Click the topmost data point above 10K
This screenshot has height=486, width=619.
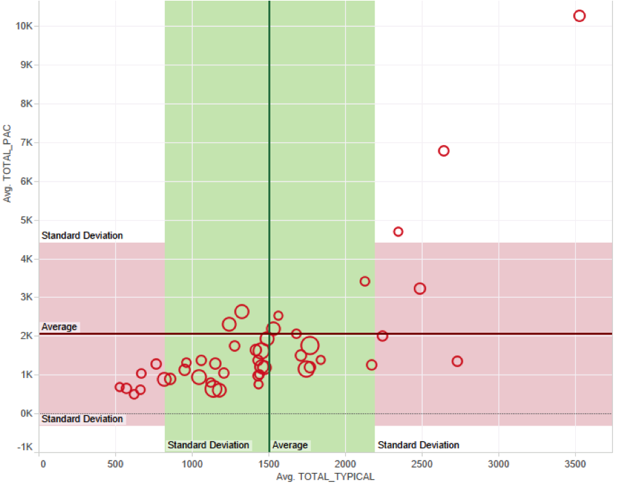point(579,16)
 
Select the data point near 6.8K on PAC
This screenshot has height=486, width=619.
point(443,151)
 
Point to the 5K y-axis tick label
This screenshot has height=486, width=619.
point(26,221)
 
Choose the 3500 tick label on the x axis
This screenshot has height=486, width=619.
point(575,464)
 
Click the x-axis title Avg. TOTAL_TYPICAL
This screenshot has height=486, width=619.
point(325,476)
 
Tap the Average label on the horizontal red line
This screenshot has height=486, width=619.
point(60,327)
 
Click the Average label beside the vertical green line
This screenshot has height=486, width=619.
point(290,445)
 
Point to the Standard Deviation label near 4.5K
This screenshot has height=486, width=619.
point(82,236)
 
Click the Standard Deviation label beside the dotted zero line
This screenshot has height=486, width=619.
point(82,419)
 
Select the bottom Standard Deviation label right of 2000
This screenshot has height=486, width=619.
point(418,445)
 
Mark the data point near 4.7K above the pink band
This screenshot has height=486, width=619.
point(398,232)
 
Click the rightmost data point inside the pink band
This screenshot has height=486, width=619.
point(457,362)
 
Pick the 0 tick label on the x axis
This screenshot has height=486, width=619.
point(43,464)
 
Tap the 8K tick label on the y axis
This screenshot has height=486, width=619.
point(26,104)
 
